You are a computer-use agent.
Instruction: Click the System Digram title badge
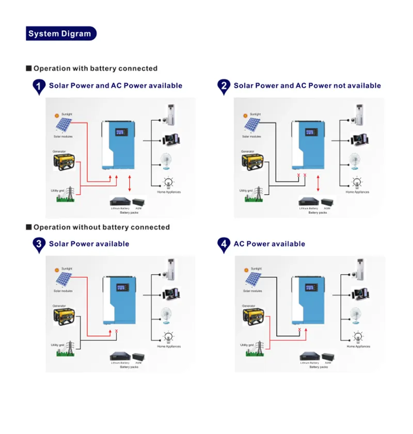click(60, 34)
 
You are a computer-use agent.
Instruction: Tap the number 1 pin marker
click(39, 86)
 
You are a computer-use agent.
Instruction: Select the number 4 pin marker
click(224, 244)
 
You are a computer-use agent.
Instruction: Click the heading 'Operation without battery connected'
click(101, 227)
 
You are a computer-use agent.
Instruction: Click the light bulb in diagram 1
click(168, 182)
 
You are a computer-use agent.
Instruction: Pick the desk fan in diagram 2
click(354, 161)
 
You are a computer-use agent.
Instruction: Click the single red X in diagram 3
click(116, 331)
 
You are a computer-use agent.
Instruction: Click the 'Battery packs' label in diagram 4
click(318, 367)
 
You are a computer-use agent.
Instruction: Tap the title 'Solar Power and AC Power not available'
click(307, 86)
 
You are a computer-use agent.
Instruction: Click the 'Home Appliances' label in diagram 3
click(169, 346)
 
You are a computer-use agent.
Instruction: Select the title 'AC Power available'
click(269, 244)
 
